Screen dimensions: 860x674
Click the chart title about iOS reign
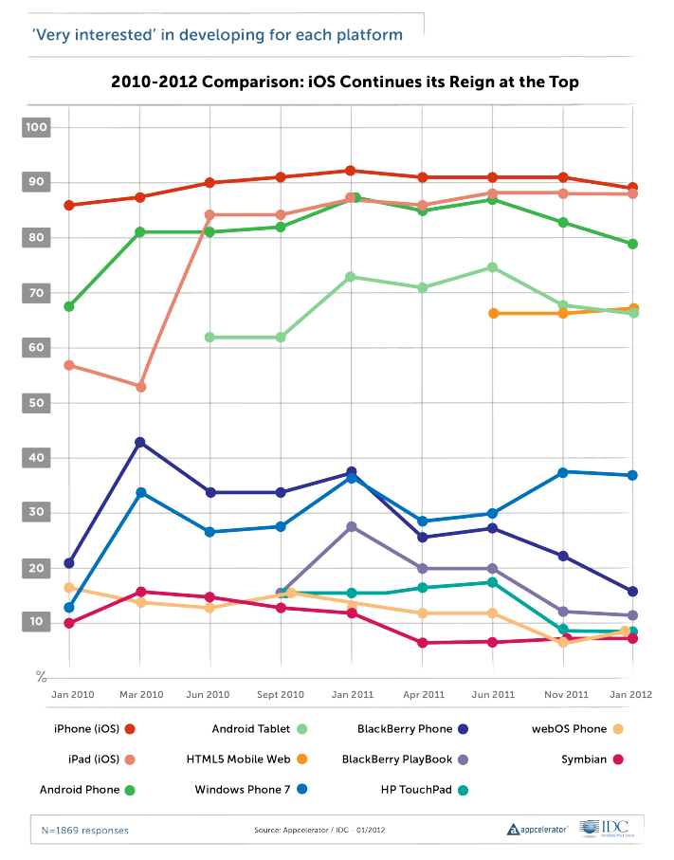click(x=344, y=82)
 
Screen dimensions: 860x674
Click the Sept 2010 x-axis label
click(x=281, y=695)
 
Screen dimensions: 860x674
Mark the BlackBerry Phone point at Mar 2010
click(x=140, y=443)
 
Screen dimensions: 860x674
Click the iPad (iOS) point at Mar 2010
click(x=140, y=387)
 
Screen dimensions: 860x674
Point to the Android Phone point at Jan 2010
click(x=69, y=306)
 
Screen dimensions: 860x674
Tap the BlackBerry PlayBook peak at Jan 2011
click(x=352, y=526)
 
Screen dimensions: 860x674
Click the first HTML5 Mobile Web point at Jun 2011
click(x=492, y=313)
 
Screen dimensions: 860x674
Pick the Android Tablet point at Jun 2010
click(x=210, y=337)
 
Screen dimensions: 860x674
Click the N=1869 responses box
click(x=85, y=830)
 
